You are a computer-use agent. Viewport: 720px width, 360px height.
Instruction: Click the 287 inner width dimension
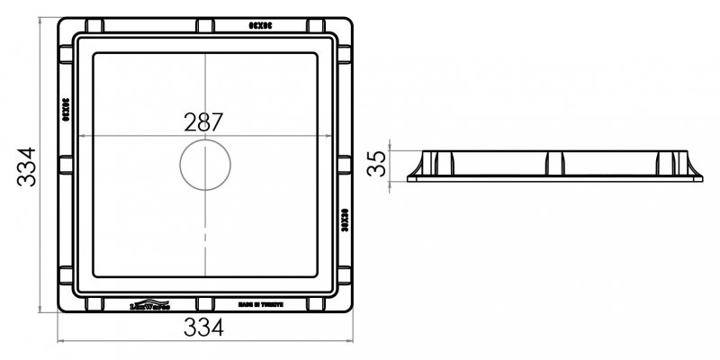(204, 121)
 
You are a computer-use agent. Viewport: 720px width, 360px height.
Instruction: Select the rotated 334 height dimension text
(26, 166)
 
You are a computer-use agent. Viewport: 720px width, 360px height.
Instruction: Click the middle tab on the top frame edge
(205, 25)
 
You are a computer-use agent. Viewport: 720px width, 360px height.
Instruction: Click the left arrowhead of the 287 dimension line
(82, 136)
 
